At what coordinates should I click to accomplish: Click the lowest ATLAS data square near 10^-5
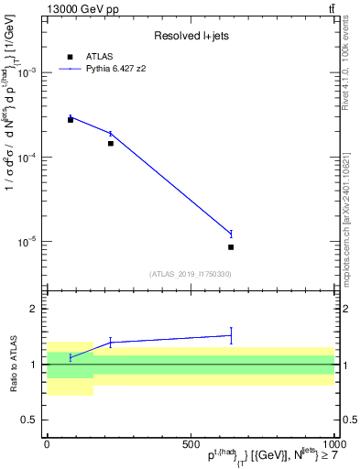(x=231, y=247)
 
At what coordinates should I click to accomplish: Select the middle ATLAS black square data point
(x=111, y=143)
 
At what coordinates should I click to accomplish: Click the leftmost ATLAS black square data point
(x=71, y=120)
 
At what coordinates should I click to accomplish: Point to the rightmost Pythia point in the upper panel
(x=231, y=234)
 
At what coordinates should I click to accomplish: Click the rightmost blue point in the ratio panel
(x=231, y=335)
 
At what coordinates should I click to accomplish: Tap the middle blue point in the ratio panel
(x=111, y=343)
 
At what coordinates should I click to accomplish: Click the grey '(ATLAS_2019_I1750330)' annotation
(x=190, y=274)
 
